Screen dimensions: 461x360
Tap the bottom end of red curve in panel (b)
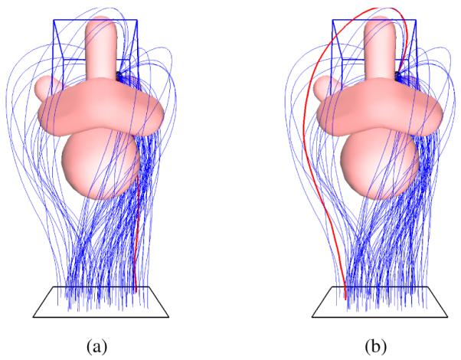point(345,297)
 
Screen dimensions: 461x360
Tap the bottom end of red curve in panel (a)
point(135,290)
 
